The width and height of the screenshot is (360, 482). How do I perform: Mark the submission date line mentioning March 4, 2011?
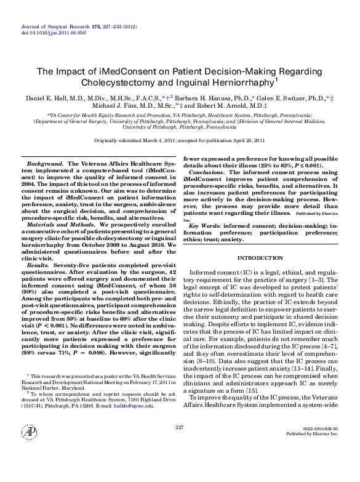pos(180,141)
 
